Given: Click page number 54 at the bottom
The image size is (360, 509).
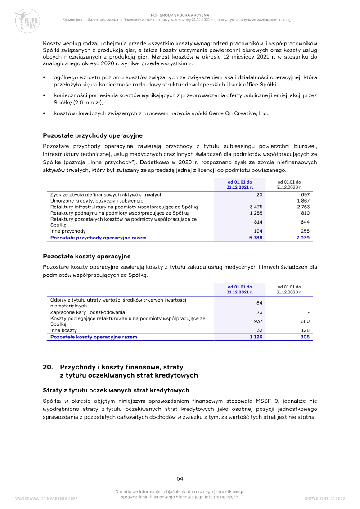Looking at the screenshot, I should pos(180,478).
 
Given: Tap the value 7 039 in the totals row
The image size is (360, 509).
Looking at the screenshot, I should pos(302,238).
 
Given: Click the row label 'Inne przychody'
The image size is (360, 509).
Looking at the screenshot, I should pos(68,231).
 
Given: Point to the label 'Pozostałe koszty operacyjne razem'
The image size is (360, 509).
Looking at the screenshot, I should pos(94,337).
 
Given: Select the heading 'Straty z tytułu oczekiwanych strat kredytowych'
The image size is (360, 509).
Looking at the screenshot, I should pos(116,390).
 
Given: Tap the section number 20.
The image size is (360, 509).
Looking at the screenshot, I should pos(48,367).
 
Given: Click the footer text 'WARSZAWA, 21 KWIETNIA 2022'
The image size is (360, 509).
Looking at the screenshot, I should pos(46,499).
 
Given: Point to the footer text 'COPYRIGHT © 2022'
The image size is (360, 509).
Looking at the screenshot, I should pos(324,499).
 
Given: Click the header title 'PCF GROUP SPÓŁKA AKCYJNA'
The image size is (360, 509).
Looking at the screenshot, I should pos(180,15).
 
